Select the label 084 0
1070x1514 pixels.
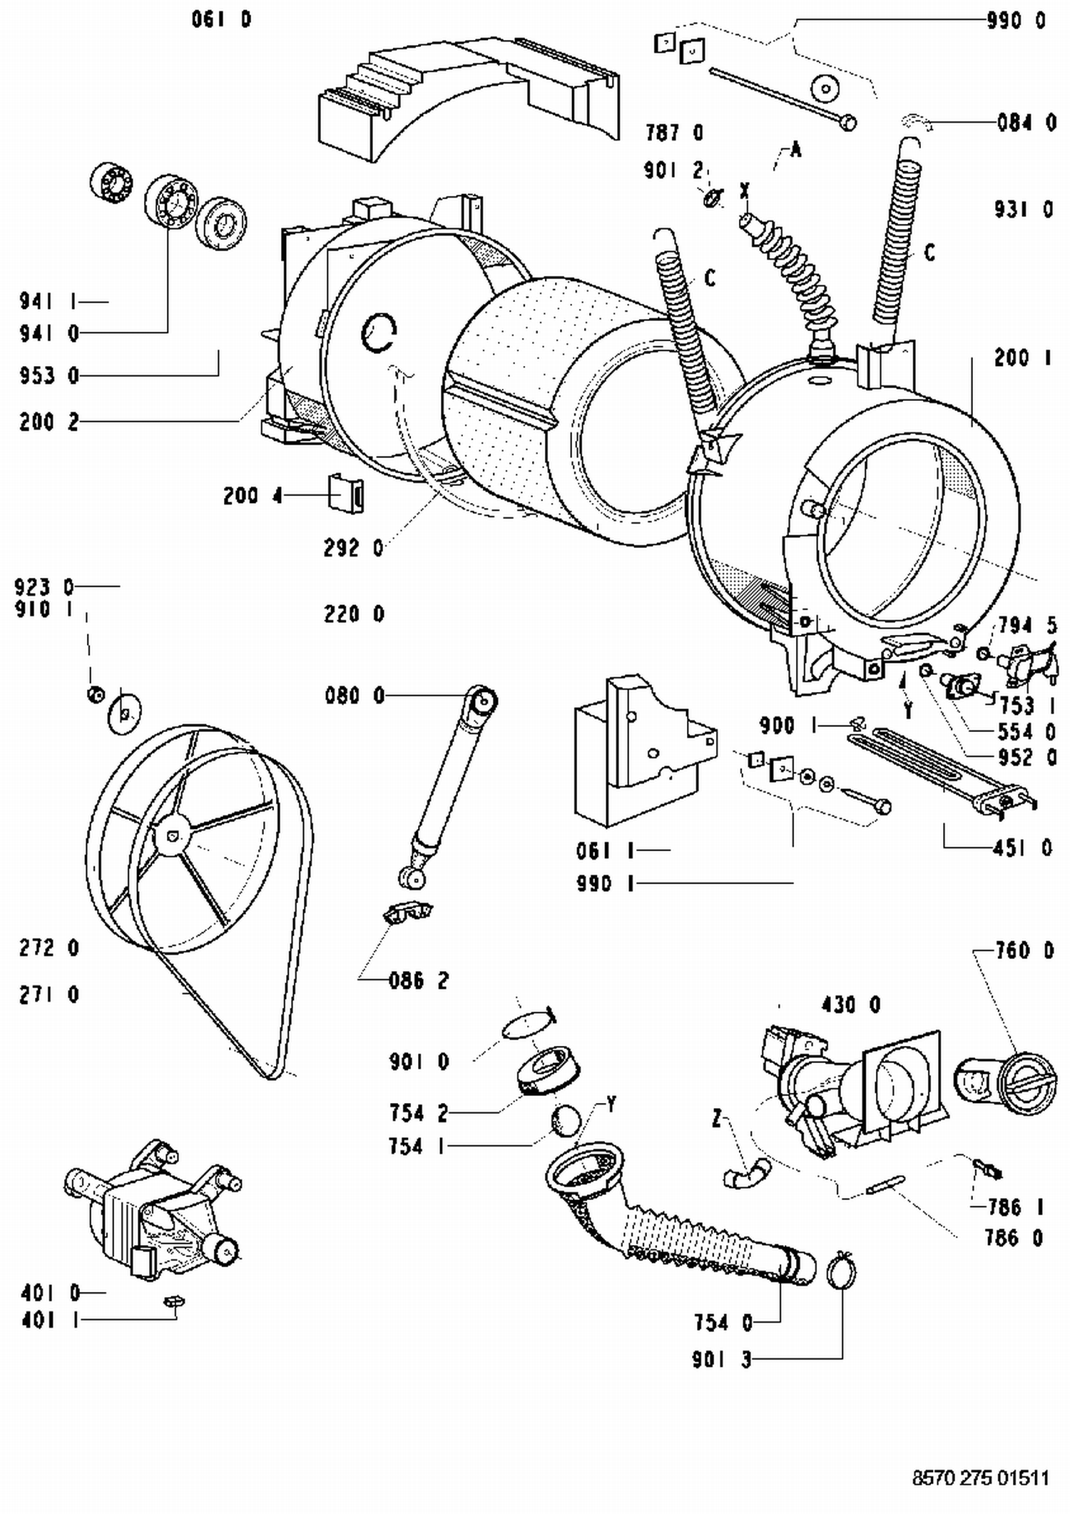[1026, 123]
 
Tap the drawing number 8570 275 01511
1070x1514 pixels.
[980, 1478]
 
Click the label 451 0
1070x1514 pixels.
[1021, 848]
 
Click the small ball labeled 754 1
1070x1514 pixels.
[566, 1122]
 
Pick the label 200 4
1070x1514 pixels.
[253, 495]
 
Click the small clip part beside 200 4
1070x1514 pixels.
[346, 493]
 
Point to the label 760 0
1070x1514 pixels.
[1024, 950]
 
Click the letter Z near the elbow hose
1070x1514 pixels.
[717, 1119]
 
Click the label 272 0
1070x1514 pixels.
[49, 948]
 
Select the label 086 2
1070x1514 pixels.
[419, 981]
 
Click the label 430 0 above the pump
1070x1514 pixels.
[850, 1005]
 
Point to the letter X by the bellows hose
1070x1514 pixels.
[745, 190]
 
